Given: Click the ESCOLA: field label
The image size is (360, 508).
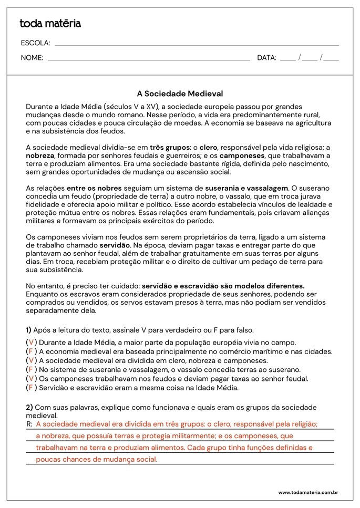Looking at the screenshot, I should coord(36,43).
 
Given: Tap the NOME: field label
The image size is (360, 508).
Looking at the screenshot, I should coord(32,58).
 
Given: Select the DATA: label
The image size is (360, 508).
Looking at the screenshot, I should coord(266,58).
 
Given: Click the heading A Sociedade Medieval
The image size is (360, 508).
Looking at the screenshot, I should coord(180,94).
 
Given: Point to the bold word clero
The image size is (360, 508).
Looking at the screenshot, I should coord(208,148).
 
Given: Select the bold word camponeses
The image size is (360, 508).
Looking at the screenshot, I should coord(242,156).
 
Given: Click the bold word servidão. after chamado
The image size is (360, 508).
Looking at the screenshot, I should coord(115,245).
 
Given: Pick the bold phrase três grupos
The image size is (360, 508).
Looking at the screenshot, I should coord(169,148).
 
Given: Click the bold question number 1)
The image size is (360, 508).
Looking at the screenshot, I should coord(28,330).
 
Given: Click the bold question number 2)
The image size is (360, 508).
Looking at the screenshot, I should coord(29,407).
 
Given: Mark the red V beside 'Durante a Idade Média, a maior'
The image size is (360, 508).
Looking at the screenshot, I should coord(31,343).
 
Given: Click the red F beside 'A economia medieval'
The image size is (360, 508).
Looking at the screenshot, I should coord(31,351).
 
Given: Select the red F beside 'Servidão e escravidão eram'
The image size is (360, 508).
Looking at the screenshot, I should coord(31,388).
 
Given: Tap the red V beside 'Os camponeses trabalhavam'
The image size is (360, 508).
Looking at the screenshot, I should coord(31,379).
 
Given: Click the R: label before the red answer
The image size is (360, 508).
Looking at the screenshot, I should coord(29,424).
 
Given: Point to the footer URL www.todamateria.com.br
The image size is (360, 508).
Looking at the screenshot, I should coord(307,493).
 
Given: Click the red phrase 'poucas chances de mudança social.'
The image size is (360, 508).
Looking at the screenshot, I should coord(97,459).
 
